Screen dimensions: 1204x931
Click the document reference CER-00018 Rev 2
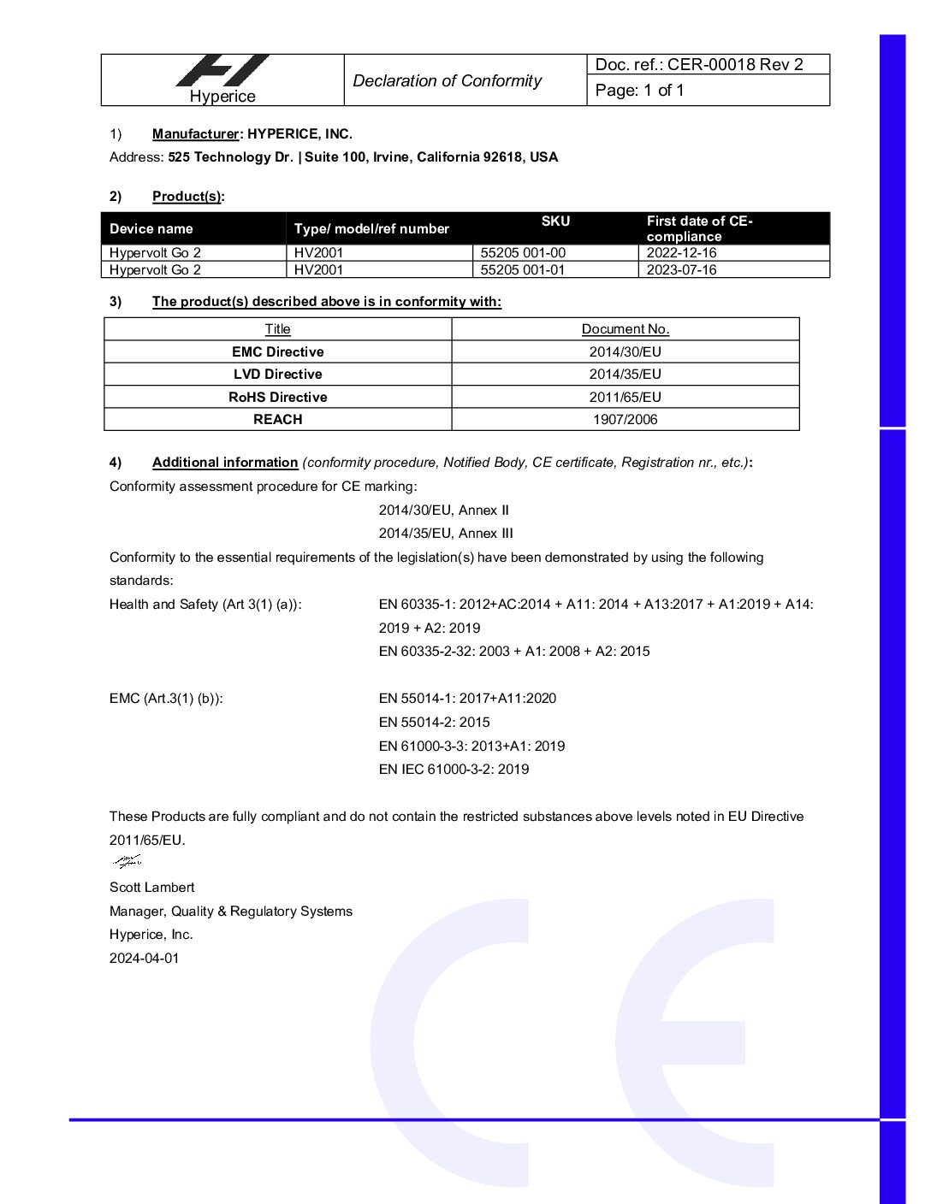coord(699,65)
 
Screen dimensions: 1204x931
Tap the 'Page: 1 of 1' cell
coord(639,91)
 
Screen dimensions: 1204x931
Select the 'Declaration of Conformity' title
coord(447,81)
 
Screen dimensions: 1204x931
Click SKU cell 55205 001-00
coord(523,253)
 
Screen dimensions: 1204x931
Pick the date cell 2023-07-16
coord(681,270)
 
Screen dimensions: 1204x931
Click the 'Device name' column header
coord(151,229)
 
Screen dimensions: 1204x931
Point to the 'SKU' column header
coord(555,221)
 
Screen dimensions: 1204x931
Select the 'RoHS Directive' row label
coord(277,398)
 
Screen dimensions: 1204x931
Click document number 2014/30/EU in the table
coord(625,352)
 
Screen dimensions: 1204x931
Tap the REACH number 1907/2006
coord(625,420)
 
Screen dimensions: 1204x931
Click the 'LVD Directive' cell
coord(277,375)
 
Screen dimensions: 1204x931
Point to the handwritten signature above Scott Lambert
coord(127,861)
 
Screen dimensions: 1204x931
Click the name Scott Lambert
coord(151,888)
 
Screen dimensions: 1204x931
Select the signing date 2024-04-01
coord(144,959)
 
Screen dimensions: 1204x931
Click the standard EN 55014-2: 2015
coord(434,723)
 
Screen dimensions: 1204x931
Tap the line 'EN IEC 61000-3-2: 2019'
coord(454,770)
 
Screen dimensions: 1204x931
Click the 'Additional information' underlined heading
coord(225,463)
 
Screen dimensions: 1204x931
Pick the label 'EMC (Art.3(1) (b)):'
coord(166,699)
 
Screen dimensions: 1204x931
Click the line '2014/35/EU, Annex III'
coord(446,534)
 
